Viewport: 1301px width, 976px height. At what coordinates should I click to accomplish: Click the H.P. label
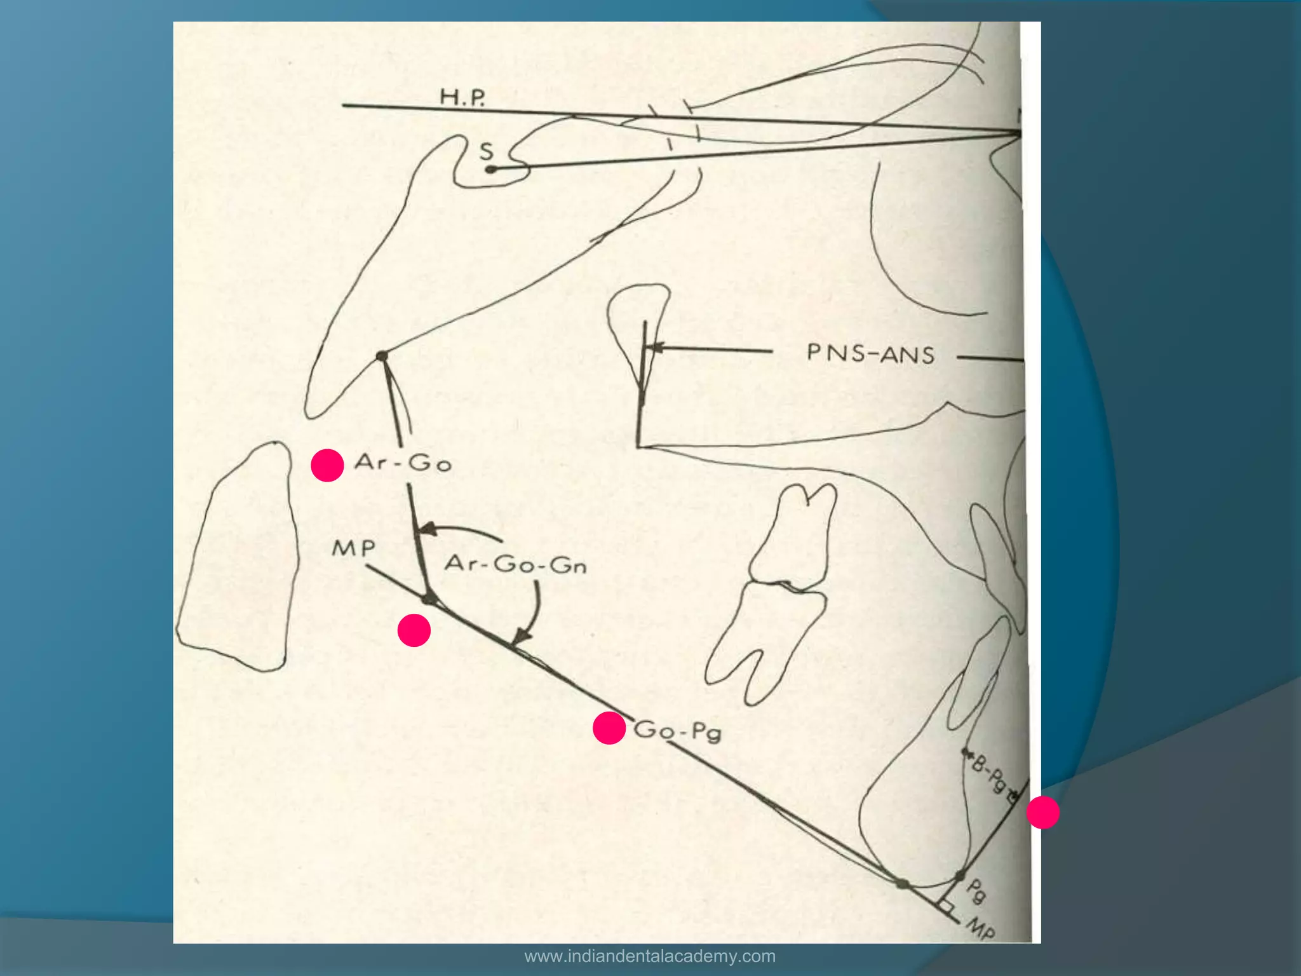pos(462,97)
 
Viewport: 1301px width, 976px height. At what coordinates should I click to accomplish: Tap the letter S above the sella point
pos(486,151)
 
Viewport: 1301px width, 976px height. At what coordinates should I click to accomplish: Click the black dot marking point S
pos(490,170)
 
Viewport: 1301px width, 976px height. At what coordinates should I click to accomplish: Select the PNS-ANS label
pos(870,354)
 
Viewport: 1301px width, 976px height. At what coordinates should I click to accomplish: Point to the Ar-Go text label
pos(403,462)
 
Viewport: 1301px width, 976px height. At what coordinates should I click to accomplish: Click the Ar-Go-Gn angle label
pos(515,564)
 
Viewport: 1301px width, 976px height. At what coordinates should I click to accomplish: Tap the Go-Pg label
pos(677,730)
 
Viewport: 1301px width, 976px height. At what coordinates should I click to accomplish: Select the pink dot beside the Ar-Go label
pos(327,465)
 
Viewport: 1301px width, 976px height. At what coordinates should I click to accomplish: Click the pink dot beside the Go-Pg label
pos(609,728)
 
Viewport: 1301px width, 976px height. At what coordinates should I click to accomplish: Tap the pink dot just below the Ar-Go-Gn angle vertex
pos(414,630)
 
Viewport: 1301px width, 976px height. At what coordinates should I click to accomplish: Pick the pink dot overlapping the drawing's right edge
pos(1042,812)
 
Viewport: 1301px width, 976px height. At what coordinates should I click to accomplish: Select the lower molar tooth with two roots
pos(765,642)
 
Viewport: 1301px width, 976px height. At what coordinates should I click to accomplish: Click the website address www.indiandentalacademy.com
pos(650,956)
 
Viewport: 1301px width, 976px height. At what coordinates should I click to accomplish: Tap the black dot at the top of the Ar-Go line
pos(382,356)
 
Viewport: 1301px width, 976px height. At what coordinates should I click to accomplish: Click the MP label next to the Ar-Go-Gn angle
pos(354,548)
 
